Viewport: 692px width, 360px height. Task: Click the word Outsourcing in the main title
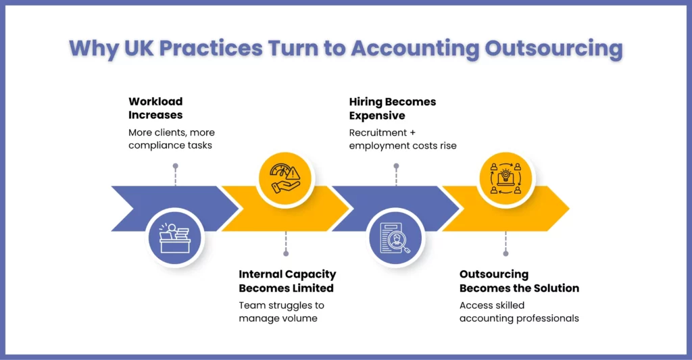click(554, 48)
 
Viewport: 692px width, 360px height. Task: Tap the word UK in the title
click(139, 48)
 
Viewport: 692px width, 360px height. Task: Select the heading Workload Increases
click(155, 108)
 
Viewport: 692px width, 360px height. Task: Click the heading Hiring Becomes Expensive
click(393, 109)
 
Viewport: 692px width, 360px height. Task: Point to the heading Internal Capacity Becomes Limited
click(287, 281)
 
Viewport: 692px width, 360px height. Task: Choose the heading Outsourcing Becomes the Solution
click(519, 281)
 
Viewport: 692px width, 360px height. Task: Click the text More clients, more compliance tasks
click(172, 139)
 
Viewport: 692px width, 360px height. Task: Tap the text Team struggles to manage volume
click(282, 312)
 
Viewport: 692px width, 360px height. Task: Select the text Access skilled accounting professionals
click(519, 312)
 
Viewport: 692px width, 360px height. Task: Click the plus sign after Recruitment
click(412, 133)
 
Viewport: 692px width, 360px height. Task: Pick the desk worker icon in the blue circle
click(175, 238)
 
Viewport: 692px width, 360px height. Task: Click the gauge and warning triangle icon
click(286, 179)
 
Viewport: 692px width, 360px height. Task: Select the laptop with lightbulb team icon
click(505, 179)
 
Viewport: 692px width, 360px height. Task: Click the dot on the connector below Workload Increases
click(176, 166)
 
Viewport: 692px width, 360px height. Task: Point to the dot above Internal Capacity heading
click(286, 253)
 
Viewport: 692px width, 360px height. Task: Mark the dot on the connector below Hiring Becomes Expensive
click(396, 166)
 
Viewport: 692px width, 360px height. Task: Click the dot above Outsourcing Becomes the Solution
click(505, 253)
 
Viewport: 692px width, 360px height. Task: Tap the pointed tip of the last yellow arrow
click(569, 208)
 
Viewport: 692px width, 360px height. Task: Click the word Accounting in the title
click(415, 48)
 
